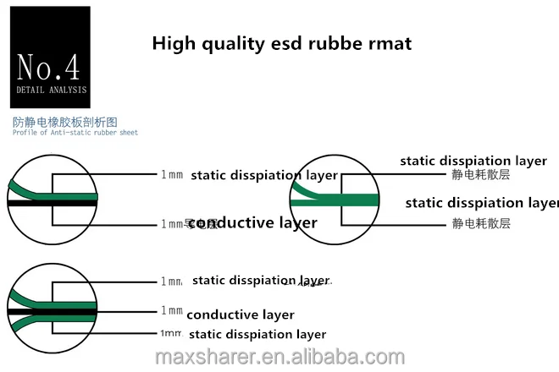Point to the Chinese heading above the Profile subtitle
(x=65, y=122)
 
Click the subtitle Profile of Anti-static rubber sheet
(x=75, y=133)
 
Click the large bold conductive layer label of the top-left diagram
(x=252, y=223)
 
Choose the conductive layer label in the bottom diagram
(x=240, y=315)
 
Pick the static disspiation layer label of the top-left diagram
(x=264, y=176)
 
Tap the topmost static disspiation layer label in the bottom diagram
(x=261, y=280)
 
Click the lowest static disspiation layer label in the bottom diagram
(x=257, y=334)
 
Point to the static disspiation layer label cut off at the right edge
(x=481, y=203)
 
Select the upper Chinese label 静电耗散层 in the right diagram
(x=481, y=175)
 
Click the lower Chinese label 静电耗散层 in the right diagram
(x=481, y=223)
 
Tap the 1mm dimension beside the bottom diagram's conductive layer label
(x=172, y=310)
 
